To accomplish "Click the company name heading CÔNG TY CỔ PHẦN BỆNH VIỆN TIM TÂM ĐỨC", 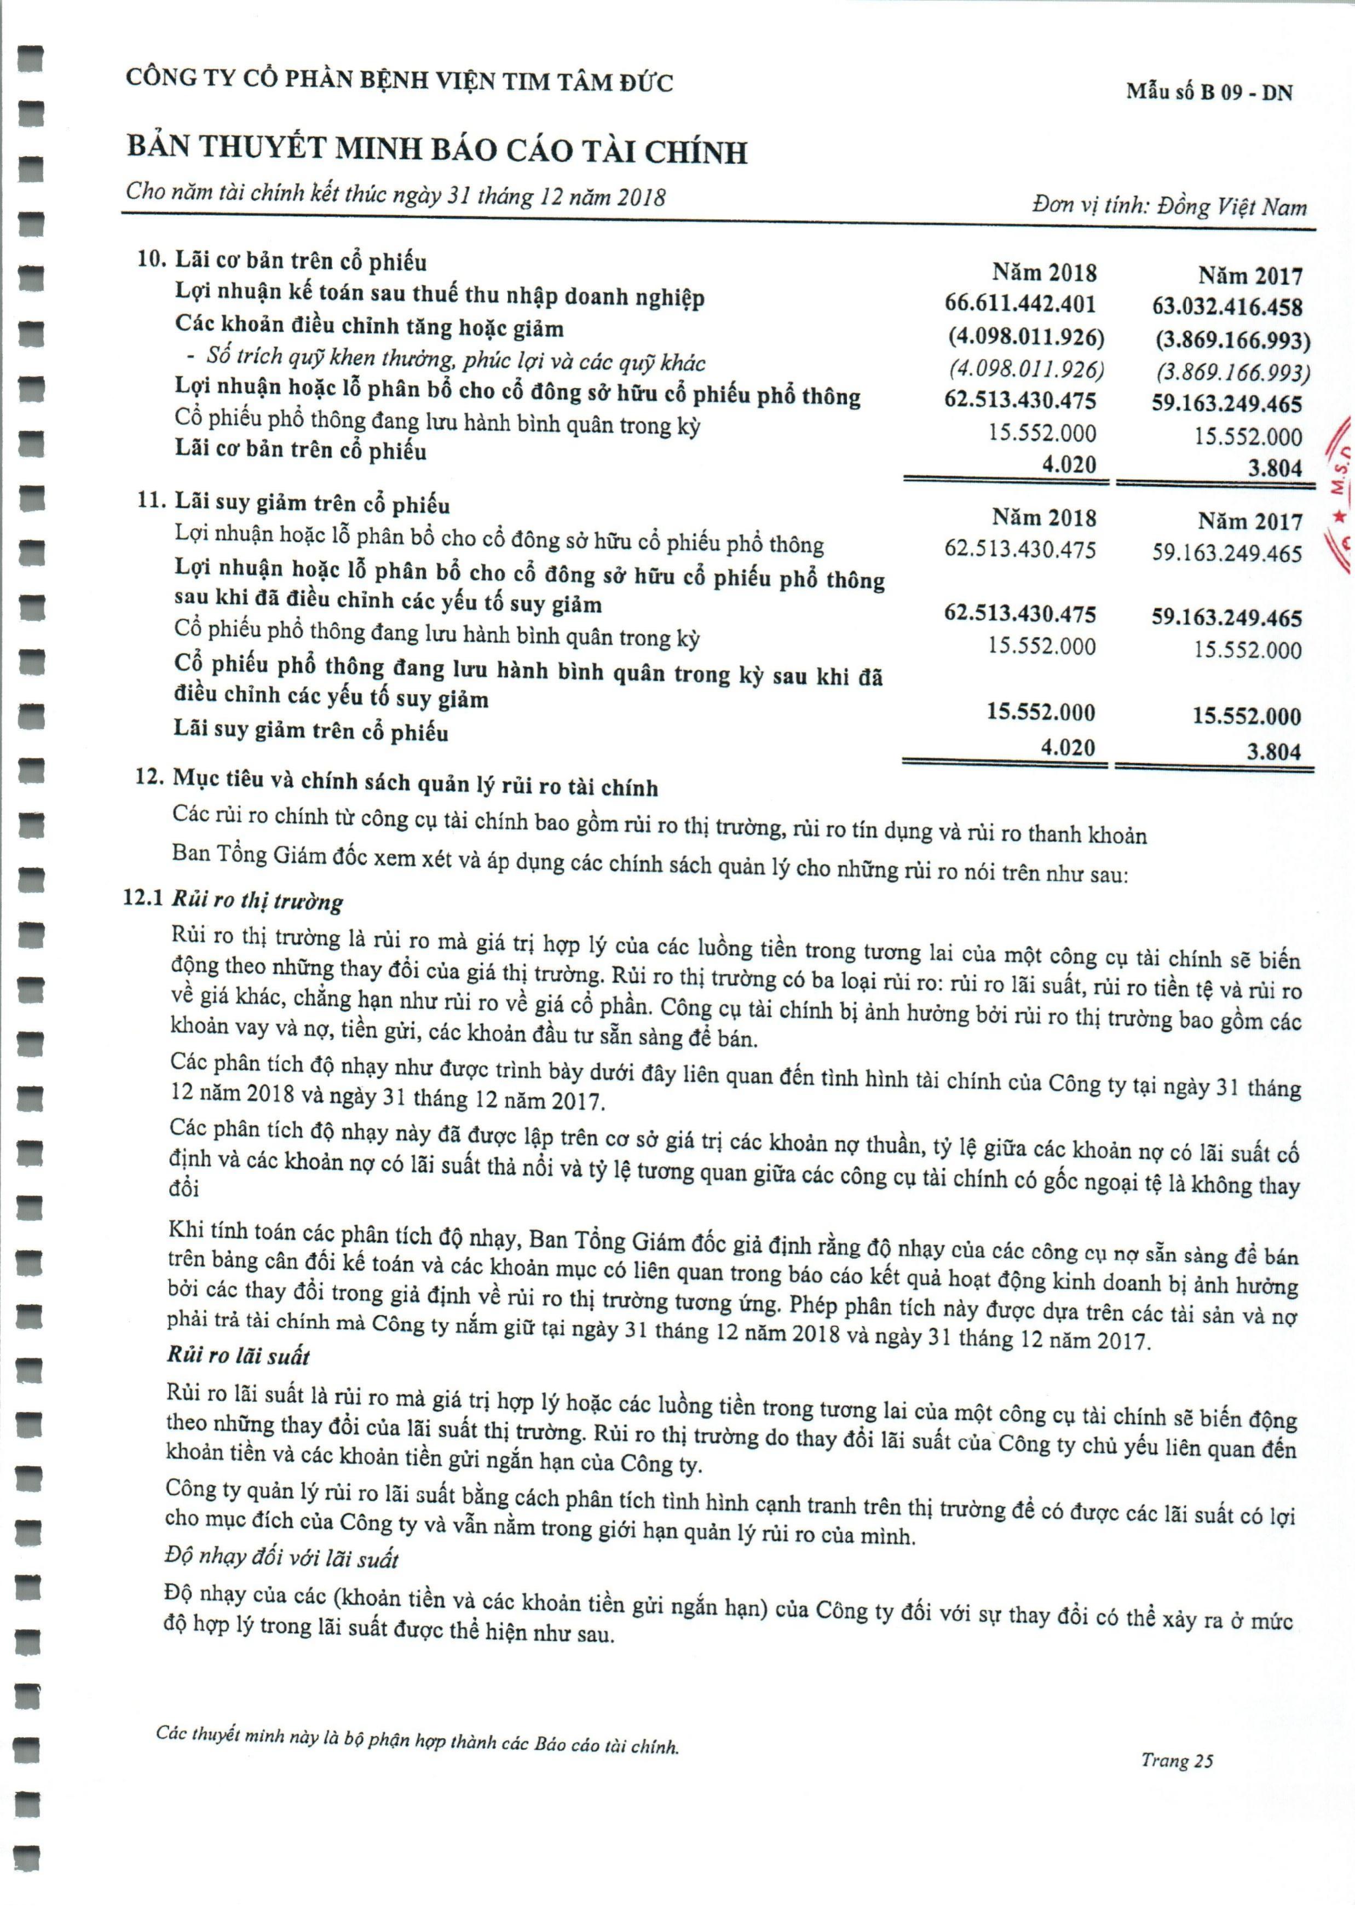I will point(399,80).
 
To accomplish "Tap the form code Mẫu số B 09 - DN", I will point(1209,92).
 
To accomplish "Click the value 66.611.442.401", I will point(1020,304).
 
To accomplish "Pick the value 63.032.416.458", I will point(1227,307).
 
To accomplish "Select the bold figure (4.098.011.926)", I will point(1025,337).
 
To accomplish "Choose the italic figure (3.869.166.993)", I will point(1233,372).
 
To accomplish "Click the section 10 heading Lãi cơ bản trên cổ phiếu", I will point(282,261).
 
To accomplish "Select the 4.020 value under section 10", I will point(1068,465).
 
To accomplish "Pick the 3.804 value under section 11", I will point(1274,751).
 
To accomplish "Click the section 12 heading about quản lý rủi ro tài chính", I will point(397,784).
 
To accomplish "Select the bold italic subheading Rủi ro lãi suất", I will point(238,1356).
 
